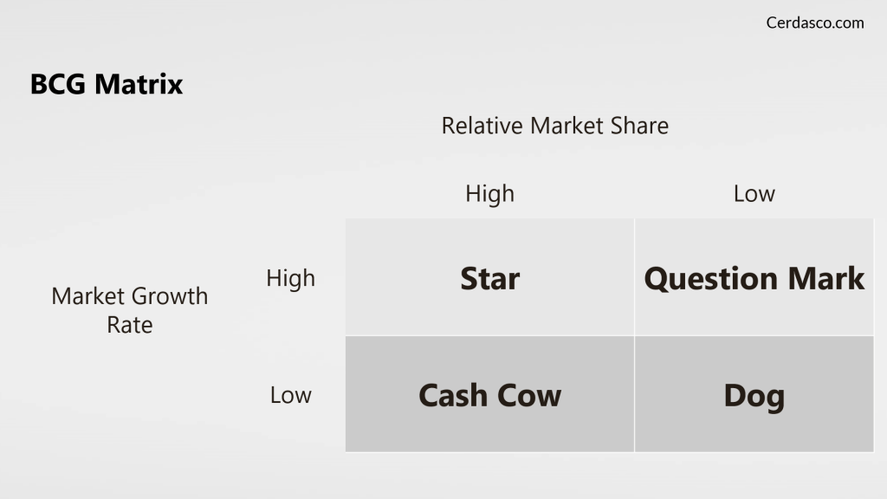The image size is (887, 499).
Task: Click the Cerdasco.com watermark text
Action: pyautogui.click(x=814, y=23)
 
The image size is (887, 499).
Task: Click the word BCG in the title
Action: pyautogui.click(x=58, y=84)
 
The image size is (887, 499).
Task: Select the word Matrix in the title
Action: pyautogui.click(x=139, y=84)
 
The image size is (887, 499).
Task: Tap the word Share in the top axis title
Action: pyautogui.click(x=639, y=126)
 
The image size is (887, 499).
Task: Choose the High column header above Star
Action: pyautogui.click(x=490, y=194)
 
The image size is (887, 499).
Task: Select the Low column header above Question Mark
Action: pyautogui.click(x=754, y=194)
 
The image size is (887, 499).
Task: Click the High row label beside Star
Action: pyautogui.click(x=291, y=278)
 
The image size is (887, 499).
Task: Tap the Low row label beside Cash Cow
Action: pyautogui.click(x=291, y=395)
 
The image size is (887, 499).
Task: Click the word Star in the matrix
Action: pyautogui.click(x=490, y=278)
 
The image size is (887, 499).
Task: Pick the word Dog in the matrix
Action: pyautogui.click(x=754, y=396)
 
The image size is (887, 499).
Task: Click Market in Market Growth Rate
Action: pyautogui.click(x=87, y=296)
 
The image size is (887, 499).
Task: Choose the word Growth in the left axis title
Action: pyautogui.click(x=170, y=296)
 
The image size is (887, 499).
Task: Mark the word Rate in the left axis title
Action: pyautogui.click(x=130, y=326)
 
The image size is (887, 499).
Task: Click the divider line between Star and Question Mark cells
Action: pyautogui.click(x=635, y=277)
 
